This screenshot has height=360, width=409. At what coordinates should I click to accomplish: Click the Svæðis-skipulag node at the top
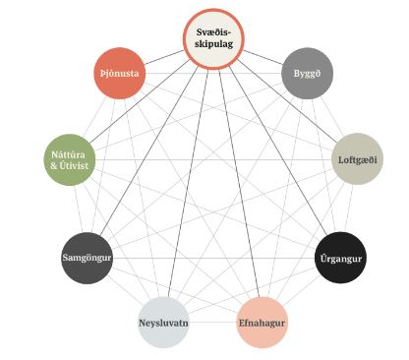(x=213, y=39)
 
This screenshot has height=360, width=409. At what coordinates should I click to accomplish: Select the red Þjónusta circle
(x=119, y=73)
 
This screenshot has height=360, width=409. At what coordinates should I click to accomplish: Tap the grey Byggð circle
(x=307, y=73)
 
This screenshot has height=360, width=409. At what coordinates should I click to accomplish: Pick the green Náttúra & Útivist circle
(x=70, y=159)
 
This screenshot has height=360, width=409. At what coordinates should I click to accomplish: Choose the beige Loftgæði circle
(x=357, y=159)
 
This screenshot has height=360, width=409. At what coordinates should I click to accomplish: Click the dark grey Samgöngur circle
(x=87, y=258)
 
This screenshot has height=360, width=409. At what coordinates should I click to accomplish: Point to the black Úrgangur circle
(x=341, y=258)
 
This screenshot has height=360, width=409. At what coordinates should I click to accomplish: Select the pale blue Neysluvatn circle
(x=163, y=323)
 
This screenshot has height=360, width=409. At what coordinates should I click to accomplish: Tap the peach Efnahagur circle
(x=262, y=323)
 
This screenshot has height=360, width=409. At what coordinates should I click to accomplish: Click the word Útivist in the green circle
(x=74, y=165)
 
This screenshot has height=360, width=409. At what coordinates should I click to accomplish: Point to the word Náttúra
(x=68, y=154)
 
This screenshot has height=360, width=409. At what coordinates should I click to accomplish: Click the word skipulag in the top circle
(x=213, y=44)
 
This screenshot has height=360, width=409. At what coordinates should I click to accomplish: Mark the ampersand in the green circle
(x=54, y=165)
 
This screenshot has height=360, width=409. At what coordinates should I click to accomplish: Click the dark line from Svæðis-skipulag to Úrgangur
(x=278, y=150)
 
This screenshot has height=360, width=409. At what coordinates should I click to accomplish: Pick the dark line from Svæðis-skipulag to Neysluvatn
(x=188, y=184)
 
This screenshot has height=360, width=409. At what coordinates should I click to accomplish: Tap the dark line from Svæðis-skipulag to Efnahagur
(x=239, y=184)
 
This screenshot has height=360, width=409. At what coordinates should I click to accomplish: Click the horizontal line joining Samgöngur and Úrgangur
(x=213, y=258)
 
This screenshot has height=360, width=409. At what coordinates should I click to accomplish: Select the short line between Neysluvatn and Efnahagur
(x=212, y=323)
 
